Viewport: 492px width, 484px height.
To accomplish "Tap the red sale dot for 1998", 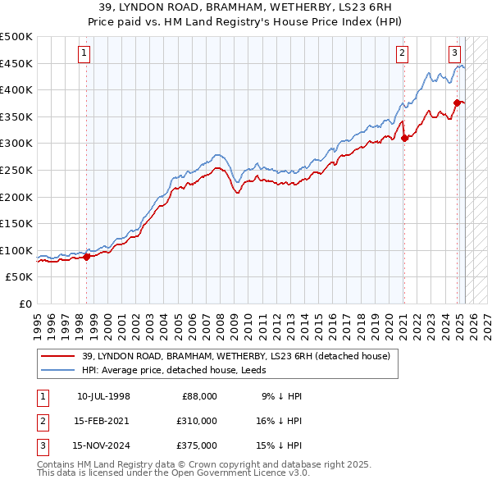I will click(86, 257).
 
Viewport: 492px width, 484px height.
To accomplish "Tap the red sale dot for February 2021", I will click(404, 138).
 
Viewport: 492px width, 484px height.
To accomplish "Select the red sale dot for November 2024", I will click(458, 103).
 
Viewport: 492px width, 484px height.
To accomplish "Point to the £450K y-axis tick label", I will click(16, 63).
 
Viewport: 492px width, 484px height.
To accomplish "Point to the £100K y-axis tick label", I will click(16, 250).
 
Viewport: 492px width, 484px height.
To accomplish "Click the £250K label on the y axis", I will click(16, 170).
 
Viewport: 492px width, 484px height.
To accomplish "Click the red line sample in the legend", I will click(59, 356).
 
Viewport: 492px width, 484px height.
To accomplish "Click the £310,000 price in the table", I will click(196, 421).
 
